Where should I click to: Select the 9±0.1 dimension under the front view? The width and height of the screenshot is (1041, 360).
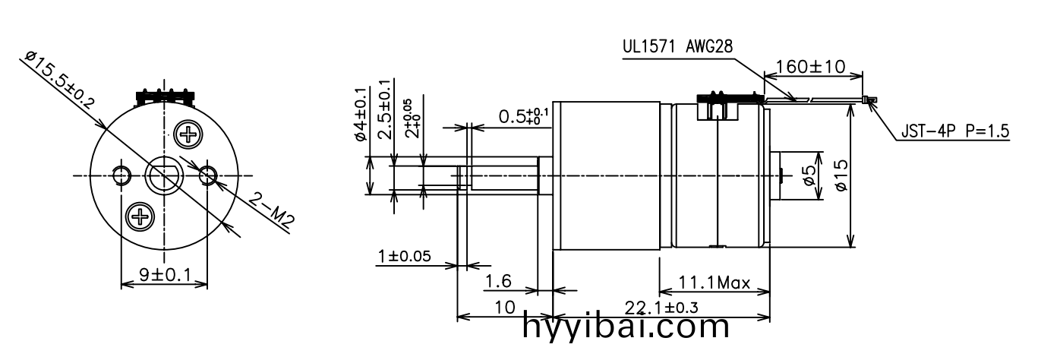tap(164, 274)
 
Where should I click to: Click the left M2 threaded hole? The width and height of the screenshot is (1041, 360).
tap(121, 176)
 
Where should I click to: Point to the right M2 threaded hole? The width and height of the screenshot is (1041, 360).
tap(208, 176)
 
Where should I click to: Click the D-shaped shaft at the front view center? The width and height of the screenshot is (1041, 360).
tap(164, 176)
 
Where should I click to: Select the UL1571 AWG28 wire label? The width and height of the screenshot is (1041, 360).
tap(677, 46)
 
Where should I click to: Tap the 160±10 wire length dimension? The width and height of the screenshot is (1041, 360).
tap(810, 67)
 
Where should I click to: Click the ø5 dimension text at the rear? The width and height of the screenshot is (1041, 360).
tap(810, 176)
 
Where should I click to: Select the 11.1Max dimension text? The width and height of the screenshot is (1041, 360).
tap(714, 284)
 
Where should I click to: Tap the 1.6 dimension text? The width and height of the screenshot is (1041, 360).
tap(498, 282)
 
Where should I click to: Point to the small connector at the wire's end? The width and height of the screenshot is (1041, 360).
tap(870, 99)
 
